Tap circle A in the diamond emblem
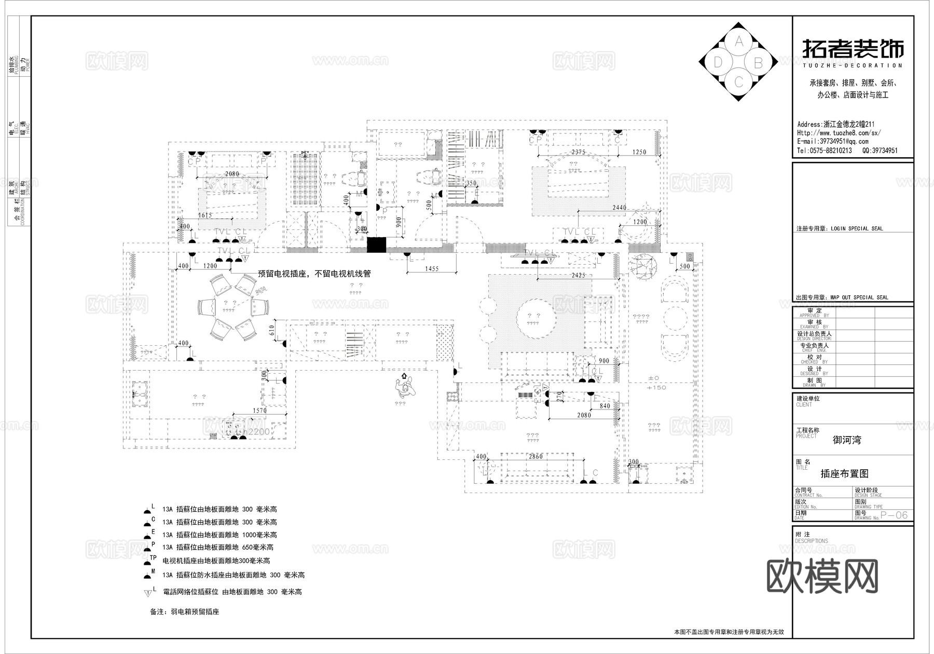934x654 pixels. (x=739, y=41)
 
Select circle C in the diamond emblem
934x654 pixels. (x=739, y=82)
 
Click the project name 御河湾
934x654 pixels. (x=847, y=440)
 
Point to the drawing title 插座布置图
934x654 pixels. (x=844, y=473)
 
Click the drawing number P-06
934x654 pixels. (x=895, y=515)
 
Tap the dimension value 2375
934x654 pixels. (x=578, y=152)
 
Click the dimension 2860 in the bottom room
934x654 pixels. (x=535, y=456)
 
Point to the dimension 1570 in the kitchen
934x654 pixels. (x=259, y=411)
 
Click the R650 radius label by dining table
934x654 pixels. (x=260, y=290)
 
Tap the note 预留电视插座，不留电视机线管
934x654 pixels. (x=314, y=274)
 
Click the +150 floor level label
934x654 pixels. (x=656, y=387)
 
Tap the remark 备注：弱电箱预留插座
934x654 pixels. (x=185, y=612)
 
